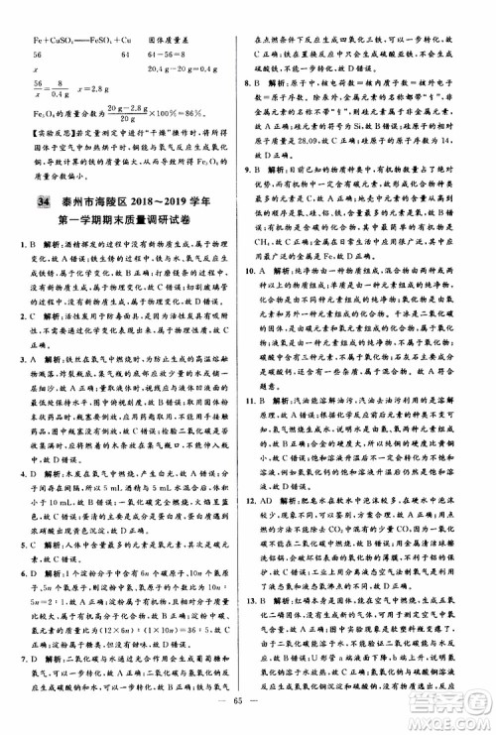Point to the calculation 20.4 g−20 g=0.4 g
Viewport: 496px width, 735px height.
[184, 69]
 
